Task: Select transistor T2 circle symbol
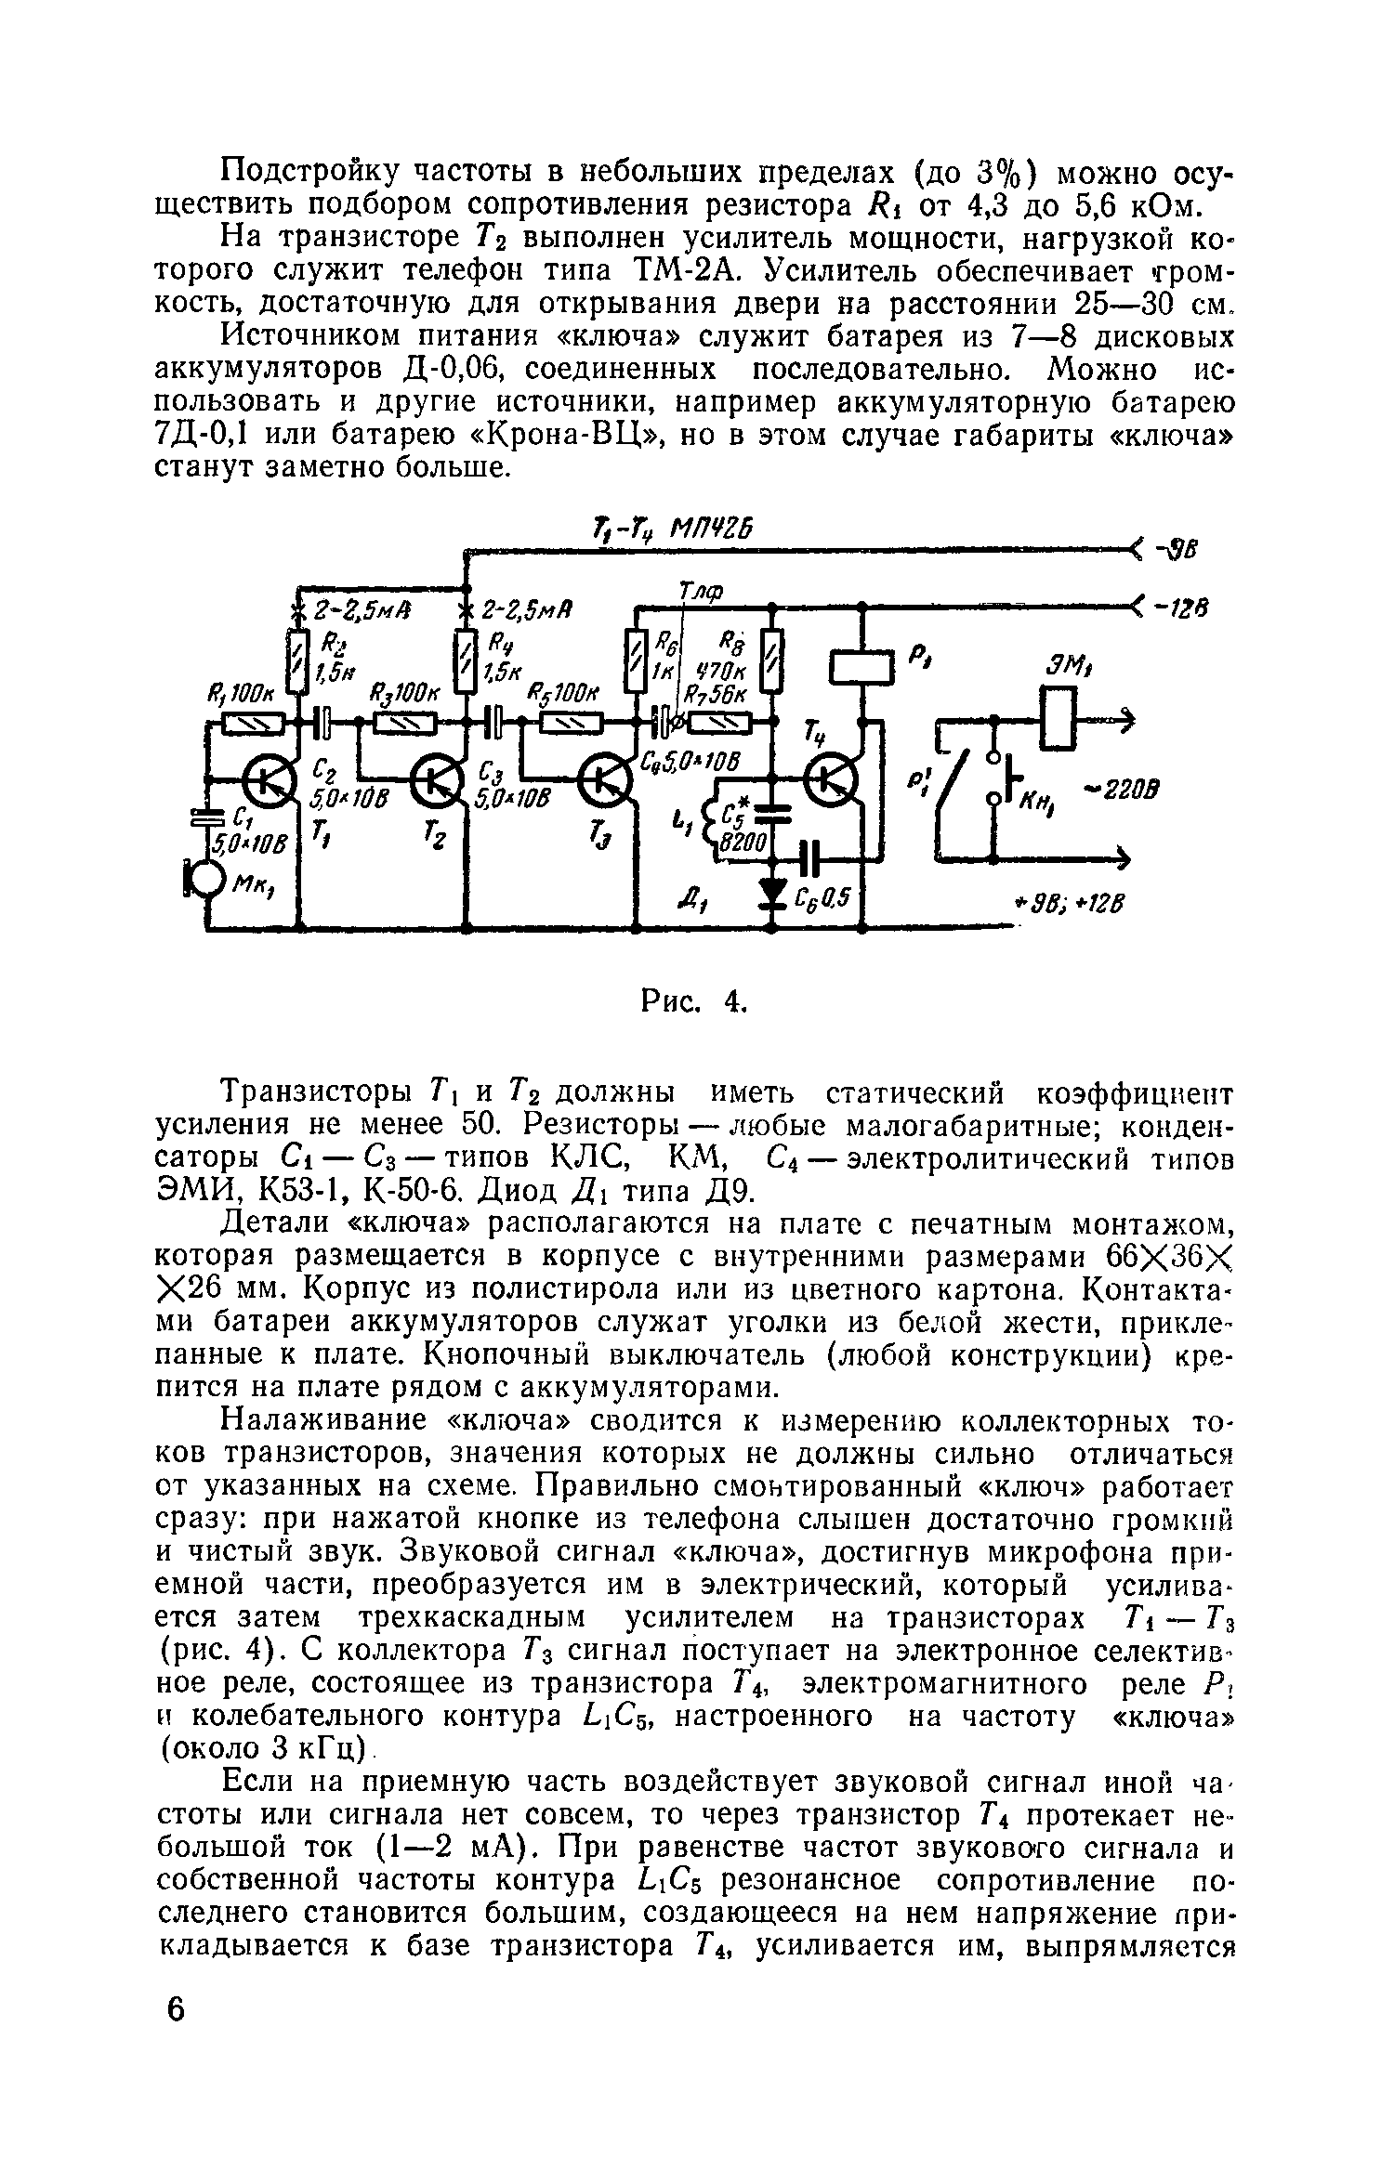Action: (437, 782)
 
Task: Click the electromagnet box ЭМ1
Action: (1060, 716)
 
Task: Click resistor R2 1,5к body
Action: (296, 660)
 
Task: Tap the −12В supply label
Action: (1178, 608)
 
